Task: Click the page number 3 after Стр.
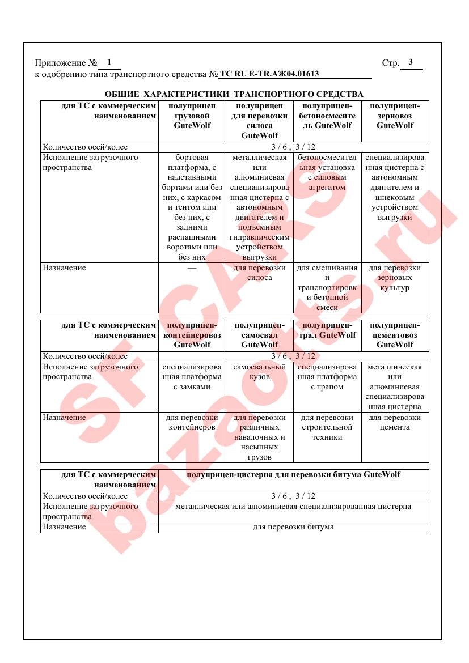[x=411, y=62]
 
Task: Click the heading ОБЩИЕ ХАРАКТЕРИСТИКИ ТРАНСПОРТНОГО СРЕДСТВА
[x=234, y=93]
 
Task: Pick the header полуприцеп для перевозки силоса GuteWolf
[x=260, y=121]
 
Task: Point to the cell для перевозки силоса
[x=260, y=273]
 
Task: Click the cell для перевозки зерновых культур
[x=395, y=278]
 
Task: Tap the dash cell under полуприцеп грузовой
[x=192, y=267]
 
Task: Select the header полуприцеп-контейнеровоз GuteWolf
[x=192, y=334]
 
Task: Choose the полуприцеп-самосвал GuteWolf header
[x=260, y=334]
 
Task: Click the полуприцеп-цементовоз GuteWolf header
[x=395, y=334]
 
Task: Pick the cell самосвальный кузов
[x=260, y=372]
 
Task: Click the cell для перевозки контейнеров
[x=192, y=422]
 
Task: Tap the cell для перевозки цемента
[x=395, y=422]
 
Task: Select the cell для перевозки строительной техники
[x=327, y=427]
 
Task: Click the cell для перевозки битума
[x=293, y=527]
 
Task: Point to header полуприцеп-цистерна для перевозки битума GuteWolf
[x=293, y=474]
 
